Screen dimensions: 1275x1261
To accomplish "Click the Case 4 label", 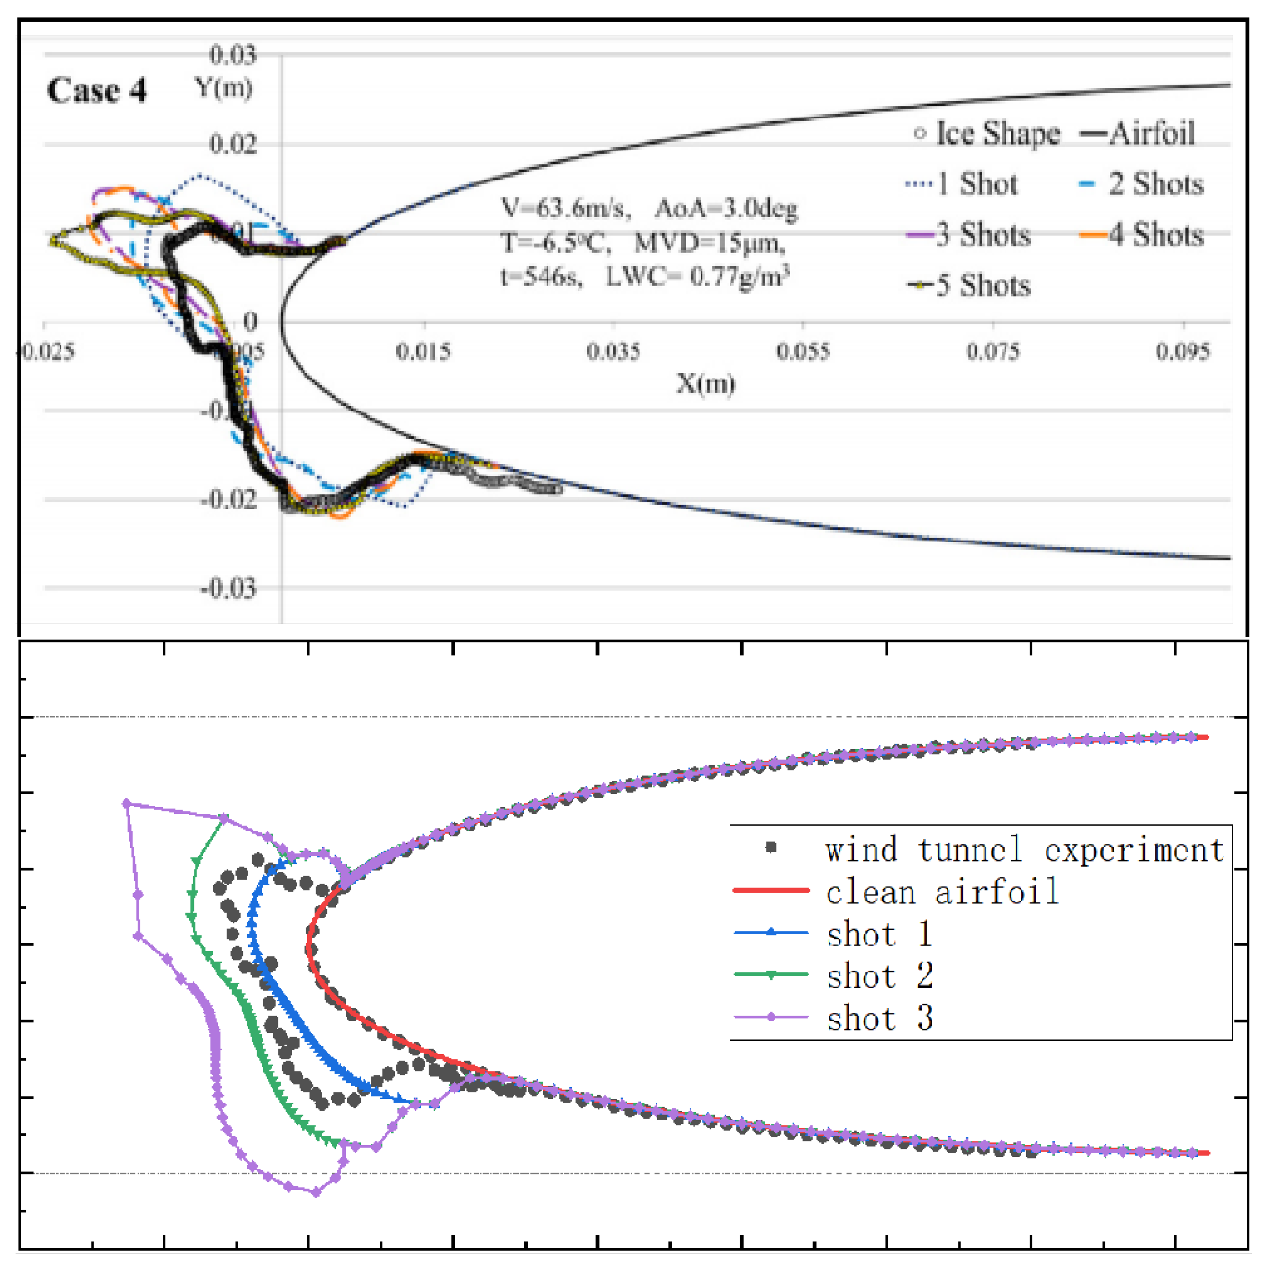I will coord(96,91).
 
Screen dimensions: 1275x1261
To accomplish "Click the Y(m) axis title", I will coord(223,87).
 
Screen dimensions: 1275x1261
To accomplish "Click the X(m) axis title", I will coord(705,383).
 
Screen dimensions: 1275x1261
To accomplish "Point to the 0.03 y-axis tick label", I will coord(232,54).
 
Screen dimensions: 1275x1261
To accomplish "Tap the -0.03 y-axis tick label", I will coord(229,587).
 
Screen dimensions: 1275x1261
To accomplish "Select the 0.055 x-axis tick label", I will coord(802,351).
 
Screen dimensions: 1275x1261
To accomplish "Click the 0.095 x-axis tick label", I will coord(1183,351).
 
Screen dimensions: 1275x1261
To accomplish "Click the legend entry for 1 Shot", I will coord(962,184).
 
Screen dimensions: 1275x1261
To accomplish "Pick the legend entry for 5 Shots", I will coord(969,285).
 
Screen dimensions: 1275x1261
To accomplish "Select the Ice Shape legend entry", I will coord(987,133).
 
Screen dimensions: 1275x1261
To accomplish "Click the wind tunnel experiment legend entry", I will coord(996,849).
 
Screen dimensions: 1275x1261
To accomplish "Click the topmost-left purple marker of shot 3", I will coord(126,803).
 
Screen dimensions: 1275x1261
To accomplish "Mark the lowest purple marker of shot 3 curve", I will coord(316,1192).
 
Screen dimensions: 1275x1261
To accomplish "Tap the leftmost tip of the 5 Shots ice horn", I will coord(51,240).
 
